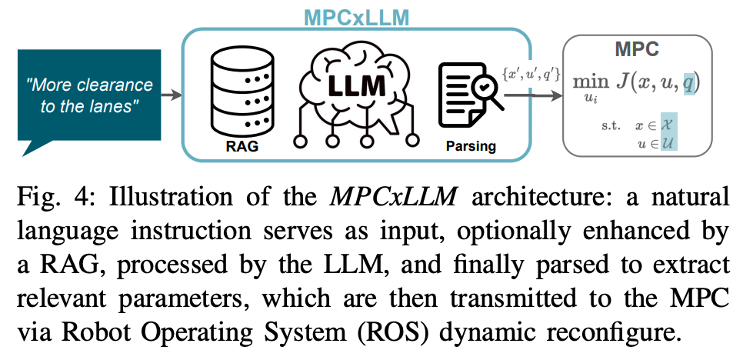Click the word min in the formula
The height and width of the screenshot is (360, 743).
tap(591, 82)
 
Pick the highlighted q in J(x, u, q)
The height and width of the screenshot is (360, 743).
tap(689, 82)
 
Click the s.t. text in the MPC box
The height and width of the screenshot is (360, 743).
tap(612, 125)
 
